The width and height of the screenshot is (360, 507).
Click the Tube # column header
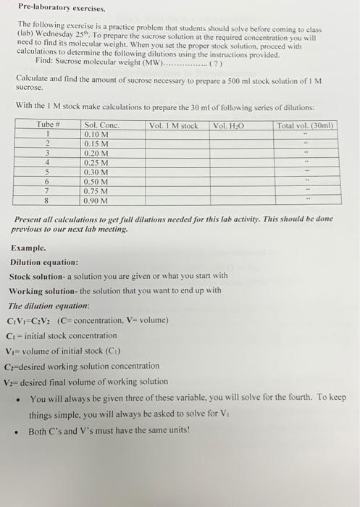48,125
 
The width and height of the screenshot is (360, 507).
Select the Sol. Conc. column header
103,125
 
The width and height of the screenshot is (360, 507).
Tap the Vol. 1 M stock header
173,125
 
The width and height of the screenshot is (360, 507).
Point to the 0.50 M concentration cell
97,182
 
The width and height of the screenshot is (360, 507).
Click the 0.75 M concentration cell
97,191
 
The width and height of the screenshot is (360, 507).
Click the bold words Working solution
43,290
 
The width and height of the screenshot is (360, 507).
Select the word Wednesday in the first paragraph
51,35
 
